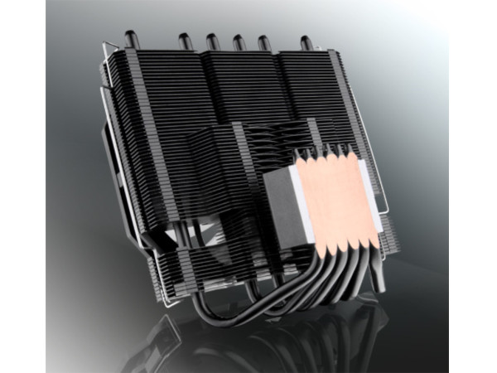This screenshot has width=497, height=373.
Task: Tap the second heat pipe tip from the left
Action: (x=181, y=39)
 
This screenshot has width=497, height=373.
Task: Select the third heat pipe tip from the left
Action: (x=211, y=39)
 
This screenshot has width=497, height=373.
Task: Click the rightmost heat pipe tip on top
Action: (x=306, y=42)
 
